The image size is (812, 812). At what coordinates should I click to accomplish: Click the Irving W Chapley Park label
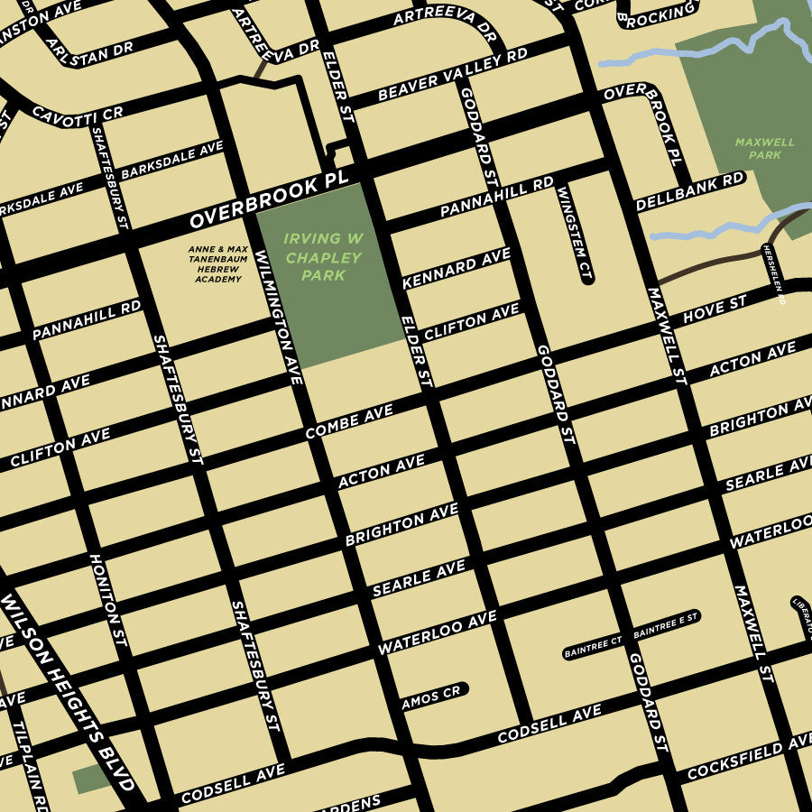click(x=323, y=257)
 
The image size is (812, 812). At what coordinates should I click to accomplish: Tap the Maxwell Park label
click(x=764, y=148)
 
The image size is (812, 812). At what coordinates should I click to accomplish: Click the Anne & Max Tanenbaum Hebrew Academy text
click(x=217, y=264)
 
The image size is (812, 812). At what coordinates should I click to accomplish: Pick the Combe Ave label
click(x=349, y=421)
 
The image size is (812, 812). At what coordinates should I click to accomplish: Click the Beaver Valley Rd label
click(x=452, y=75)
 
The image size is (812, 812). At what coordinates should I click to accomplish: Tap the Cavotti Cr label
click(x=77, y=113)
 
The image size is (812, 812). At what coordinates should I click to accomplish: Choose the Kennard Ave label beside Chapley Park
click(x=456, y=268)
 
